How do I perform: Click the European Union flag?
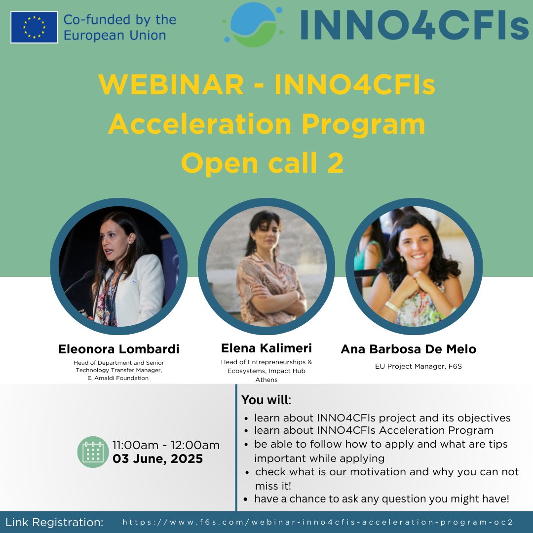34,27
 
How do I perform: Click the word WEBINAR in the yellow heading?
171,85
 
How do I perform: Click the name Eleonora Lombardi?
119,349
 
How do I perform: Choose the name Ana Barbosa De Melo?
409,349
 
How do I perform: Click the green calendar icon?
93,452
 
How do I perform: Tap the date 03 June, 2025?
158,458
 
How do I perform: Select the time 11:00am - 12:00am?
166,445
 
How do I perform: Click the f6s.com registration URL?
318,522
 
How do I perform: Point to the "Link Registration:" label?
54,522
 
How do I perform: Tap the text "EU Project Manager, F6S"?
409,366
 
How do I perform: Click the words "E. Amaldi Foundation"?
118,378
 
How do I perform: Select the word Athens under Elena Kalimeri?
266,380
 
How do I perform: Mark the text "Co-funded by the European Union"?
119,28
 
